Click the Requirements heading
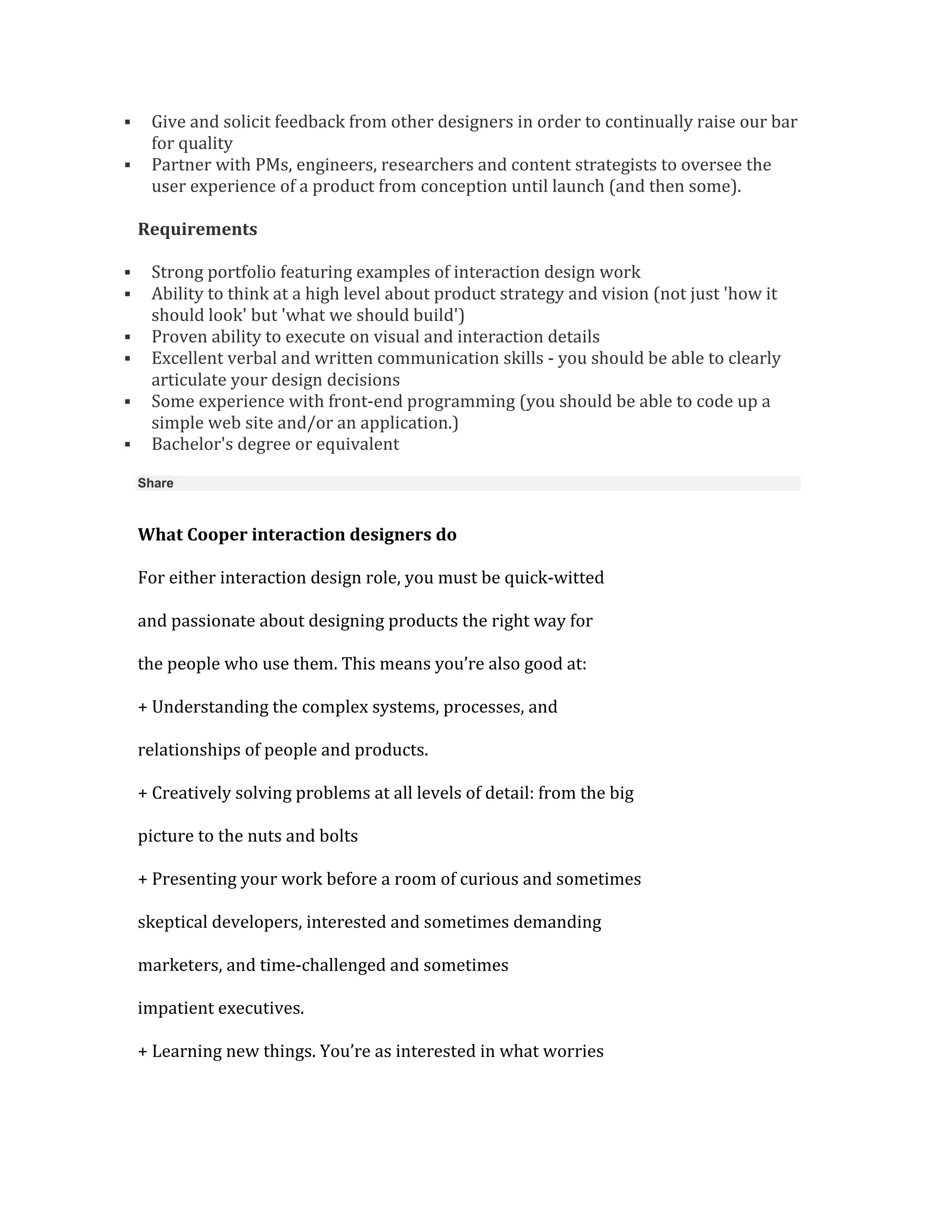197,229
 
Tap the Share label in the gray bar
155,483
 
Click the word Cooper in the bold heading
217,535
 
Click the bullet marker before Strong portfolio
128,272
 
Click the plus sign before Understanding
143,707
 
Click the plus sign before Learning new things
143,1052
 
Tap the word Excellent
186,358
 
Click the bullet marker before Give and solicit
128,122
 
